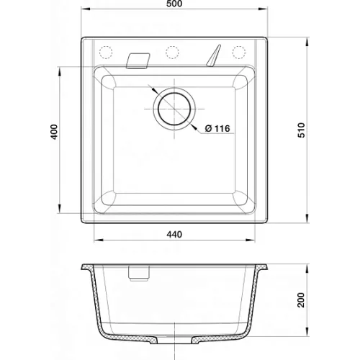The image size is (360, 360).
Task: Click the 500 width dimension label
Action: pyautogui.click(x=174, y=4)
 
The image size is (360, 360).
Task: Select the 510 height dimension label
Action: pyautogui.click(x=301, y=130)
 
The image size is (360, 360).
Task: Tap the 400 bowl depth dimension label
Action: pyautogui.click(x=55, y=132)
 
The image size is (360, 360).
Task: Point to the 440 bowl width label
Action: pyautogui.click(x=174, y=234)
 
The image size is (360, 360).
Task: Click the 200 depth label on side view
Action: pyautogui.click(x=301, y=300)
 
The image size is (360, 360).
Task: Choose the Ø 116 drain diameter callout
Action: pyautogui.click(x=217, y=129)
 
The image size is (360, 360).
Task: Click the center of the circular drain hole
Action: pyautogui.click(x=174, y=109)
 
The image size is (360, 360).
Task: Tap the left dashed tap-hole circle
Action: pyautogui.click(x=106, y=52)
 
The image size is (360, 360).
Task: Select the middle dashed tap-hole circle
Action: pyautogui.click(x=172, y=52)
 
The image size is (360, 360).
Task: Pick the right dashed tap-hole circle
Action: pyautogui.click(x=239, y=52)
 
